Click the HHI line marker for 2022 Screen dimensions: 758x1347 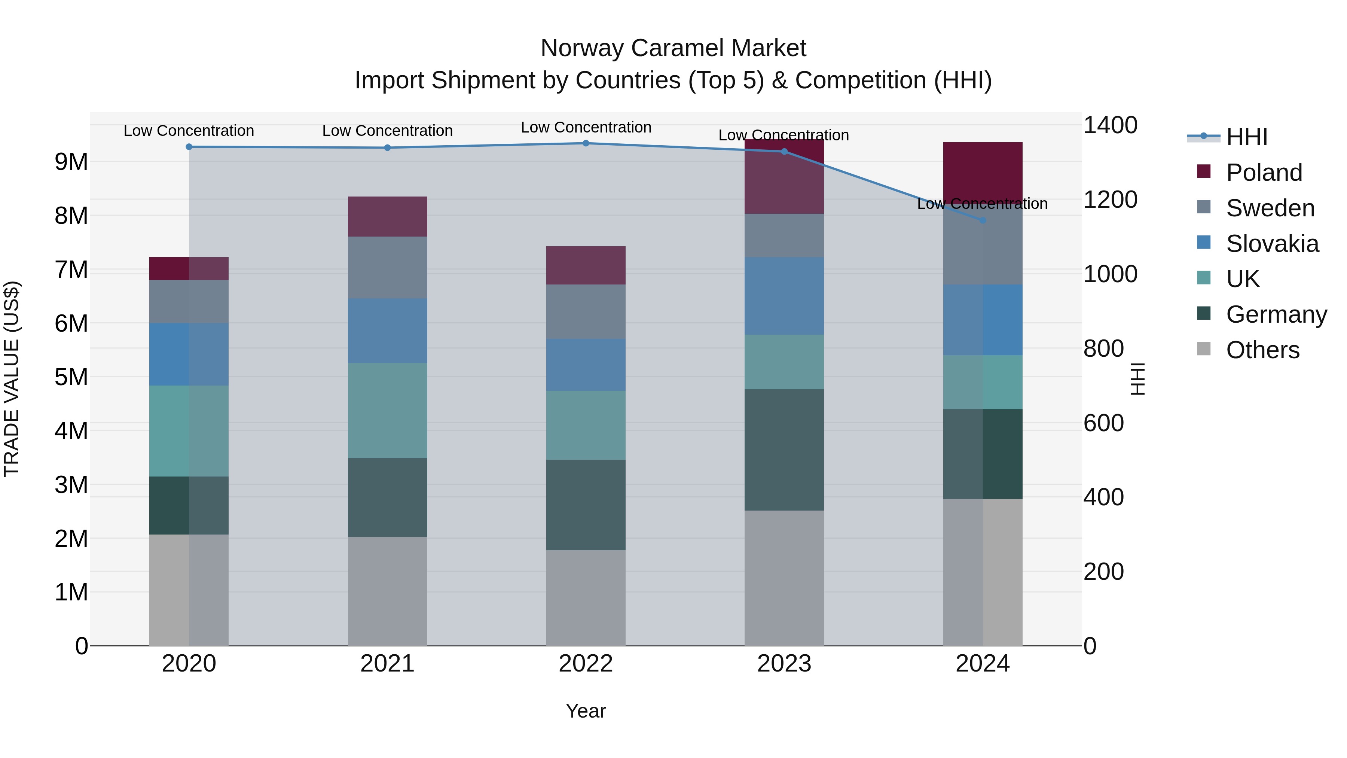586,143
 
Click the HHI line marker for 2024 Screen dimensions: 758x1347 982,220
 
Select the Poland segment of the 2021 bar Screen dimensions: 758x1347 388,217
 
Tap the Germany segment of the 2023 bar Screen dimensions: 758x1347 784,450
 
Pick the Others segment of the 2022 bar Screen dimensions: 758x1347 586,597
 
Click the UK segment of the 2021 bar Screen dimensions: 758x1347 388,411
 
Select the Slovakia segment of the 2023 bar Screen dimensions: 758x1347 784,296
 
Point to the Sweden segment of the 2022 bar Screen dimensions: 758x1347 586,312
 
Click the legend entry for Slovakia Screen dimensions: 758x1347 1272,244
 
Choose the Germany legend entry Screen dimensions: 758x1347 1276,314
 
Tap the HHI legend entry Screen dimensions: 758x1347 1247,137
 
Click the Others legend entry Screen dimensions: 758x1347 1262,350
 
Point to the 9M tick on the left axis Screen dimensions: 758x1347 71,162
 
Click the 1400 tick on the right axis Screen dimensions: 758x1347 1110,125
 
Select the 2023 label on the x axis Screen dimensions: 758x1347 784,664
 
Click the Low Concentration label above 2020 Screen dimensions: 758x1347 189,131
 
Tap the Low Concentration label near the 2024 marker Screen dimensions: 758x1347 982,204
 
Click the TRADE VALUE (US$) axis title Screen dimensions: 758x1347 12,379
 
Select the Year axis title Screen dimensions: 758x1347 586,711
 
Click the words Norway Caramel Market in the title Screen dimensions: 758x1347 673,48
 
